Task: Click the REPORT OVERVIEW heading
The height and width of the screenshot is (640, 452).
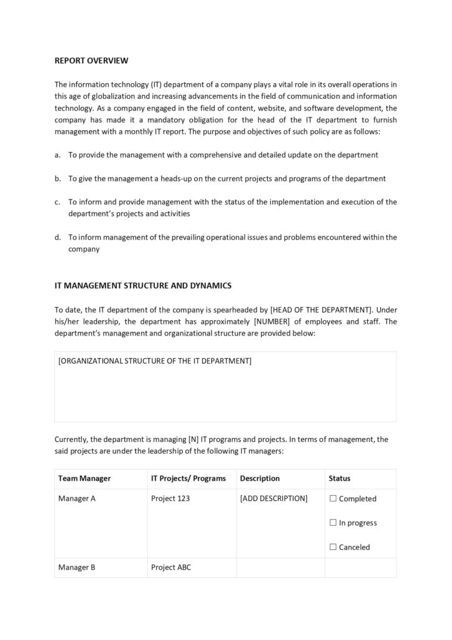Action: tap(91, 61)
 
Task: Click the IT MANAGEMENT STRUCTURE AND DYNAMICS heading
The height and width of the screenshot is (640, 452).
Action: tap(143, 286)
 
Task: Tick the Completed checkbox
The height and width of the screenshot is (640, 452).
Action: tap(333, 499)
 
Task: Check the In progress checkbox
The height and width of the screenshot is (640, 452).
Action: tap(333, 523)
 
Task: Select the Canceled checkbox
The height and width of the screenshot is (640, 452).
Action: tap(333, 547)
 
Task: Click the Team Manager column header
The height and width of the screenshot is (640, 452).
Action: tap(84, 479)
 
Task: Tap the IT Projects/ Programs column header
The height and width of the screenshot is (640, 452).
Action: tap(188, 479)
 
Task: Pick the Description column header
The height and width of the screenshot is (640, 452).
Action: tap(260, 479)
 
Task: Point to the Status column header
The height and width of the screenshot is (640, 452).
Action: tap(340, 479)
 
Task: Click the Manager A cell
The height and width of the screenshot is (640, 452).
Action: tap(77, 499)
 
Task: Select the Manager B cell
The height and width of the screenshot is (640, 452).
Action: tap(77, 568)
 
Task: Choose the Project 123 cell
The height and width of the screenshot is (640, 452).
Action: tap(170, 499)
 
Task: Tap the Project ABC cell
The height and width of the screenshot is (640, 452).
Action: tap(171, 568)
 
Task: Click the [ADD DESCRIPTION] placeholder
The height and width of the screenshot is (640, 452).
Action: tap(273, 499)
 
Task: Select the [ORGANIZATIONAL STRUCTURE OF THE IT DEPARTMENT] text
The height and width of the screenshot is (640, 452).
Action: tap(155, 361)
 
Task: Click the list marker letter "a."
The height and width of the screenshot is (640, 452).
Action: tap(57, 154)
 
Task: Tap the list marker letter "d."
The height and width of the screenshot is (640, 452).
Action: tap(57, 237)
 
